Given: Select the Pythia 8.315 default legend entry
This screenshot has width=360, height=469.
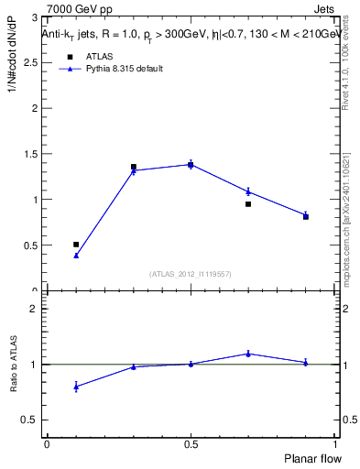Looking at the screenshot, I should pos(125,69).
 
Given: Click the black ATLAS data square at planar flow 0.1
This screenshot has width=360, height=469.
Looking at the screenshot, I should pos(76,245).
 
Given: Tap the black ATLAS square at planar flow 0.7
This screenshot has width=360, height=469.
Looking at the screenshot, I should pos(248,204).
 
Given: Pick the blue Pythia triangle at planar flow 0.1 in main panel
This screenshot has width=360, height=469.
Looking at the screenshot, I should pos(76,256).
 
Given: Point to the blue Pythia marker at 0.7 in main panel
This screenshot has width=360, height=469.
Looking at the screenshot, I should pos(248,191).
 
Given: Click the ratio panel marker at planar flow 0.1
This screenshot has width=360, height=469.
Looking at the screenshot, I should pos(76,387).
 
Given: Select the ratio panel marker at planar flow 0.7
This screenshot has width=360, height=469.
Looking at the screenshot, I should pos(248,354).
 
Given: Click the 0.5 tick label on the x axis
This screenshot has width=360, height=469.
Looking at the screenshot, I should pos(191,444).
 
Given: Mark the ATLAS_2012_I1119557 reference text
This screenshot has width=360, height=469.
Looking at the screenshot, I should pos(191,274).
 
